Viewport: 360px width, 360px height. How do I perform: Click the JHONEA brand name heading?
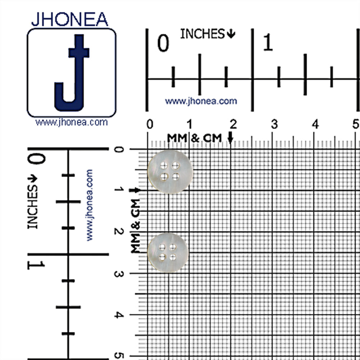[x=69, y=19]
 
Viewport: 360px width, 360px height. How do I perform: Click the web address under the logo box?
[x=71, y=122]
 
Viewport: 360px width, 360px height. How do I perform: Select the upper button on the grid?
[x=170, y=172]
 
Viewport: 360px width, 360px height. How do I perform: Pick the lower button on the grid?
[x=168, y=253]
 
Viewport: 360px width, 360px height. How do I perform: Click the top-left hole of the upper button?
[x=164, y=165]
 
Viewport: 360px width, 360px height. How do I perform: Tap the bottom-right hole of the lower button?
[x=173, y=257]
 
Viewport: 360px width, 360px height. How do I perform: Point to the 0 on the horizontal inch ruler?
[x=163, y=43]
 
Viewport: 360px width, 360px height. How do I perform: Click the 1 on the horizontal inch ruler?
[x=268, y=42]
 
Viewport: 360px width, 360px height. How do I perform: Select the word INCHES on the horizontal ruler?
[x=202, y=34]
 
